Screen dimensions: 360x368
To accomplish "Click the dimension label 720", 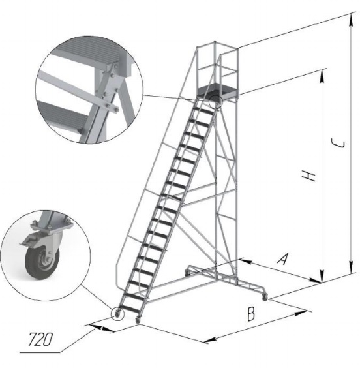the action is pyautogui.click(x=40, y=339).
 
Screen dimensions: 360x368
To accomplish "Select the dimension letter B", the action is pyautogui.click(x=251, y=314).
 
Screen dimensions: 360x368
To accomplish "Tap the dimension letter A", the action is pyautogui.click(x=282, y=258).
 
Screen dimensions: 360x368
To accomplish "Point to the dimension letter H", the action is pyautogui.click(x=308, y=176).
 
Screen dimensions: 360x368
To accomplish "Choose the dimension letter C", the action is pyautogui.click(x=338, y=144).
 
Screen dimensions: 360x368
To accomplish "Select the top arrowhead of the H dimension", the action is pyautogui.click(x=322, y=76).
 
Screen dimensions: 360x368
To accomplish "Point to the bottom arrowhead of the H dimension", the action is pyautogui.click(x=322, y=276).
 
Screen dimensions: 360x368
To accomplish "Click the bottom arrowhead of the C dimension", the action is pyautogui.click(x=351, y=267).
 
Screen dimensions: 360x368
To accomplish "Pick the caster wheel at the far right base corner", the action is pyautogui.click(x=265, y=298).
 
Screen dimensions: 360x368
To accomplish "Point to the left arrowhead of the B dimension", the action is pyautogui.click(x=209, y=339).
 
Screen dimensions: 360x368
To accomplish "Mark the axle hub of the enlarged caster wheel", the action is pyautogui.click(x=46, y=260).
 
